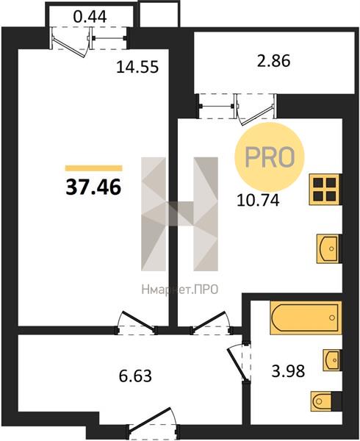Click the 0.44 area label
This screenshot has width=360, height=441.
point(90,17)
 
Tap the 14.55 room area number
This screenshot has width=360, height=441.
point(137,67)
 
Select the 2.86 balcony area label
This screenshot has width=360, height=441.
point(273,61)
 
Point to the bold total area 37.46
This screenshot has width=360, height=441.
point(93,187)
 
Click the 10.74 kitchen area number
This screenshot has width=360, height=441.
point(258,201)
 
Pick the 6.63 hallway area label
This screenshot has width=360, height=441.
point(135,376)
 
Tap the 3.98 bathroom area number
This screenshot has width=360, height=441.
point(288,371)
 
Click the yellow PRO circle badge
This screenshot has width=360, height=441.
point(270,157)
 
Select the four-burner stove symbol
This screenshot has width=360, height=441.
point(325,190)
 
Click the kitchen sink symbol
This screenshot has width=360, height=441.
point(328,249)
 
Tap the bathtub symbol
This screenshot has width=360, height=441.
point(306,318)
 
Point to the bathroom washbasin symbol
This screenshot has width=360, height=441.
point(331,360)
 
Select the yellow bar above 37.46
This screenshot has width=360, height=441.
point(93,168)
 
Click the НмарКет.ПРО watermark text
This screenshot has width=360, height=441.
point(180,290)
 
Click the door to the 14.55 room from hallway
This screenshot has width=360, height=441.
point(137,323)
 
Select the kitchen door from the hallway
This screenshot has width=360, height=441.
point(211,323)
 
